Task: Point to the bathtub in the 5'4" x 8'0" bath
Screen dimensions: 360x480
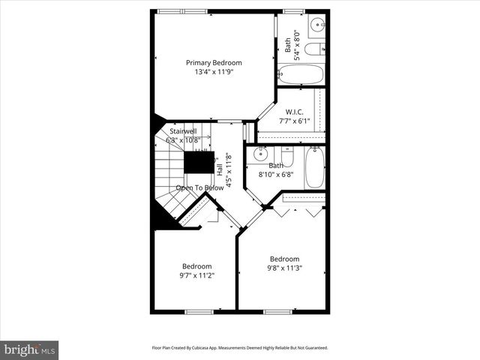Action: [x=300, y=74]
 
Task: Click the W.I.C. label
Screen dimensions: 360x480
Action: [x=293, y=112]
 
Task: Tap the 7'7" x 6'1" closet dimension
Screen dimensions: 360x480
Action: [x=293, y=121]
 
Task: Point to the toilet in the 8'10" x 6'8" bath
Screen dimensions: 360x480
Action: [x=287, y=157]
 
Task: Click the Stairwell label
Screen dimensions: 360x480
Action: [x=183, y=130]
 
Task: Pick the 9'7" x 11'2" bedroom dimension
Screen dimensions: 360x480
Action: [x=196, y=275]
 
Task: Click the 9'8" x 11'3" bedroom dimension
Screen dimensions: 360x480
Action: [x=285, y=268]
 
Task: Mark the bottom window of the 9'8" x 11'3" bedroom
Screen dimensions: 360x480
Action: [x=277, y=310]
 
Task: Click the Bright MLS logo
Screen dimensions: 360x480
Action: [x=30, y=349]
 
